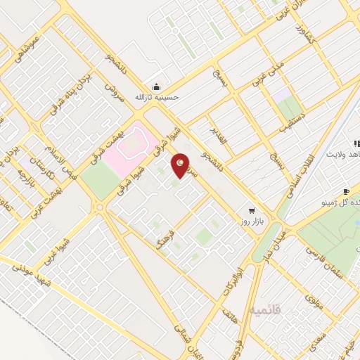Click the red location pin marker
pyautogui.click(x=181, y=165)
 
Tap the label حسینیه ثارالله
pyautogui.click(x=159, y=98)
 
